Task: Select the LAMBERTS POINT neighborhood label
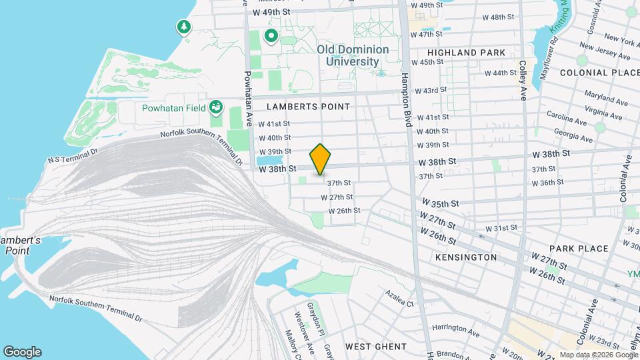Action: [x=308, y=107]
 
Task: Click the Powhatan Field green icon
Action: [x=215, y=107]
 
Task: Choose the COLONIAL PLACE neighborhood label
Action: [x=595, y=73]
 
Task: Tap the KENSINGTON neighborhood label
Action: [x=466, y=257]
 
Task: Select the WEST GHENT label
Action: [x=375, y=347]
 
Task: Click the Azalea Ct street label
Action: [x=399, y=298]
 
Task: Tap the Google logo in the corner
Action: [x=22, y=352]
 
